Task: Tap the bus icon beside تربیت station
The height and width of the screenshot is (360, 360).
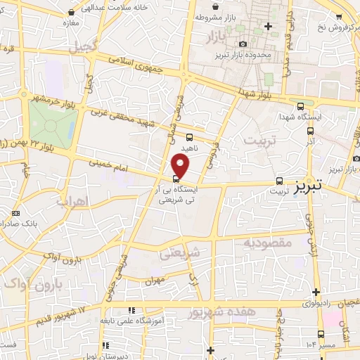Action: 280,180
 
